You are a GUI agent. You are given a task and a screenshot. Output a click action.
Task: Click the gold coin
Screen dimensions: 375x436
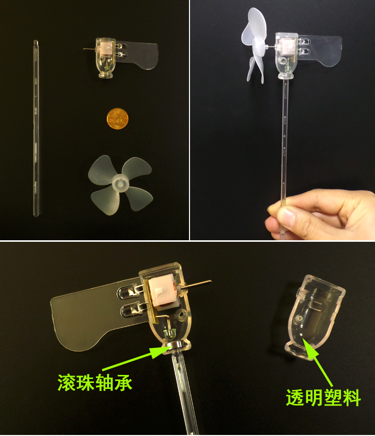(x=117, y=119)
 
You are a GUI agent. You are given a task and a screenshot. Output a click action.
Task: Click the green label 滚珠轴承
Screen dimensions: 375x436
(x=94, y=382)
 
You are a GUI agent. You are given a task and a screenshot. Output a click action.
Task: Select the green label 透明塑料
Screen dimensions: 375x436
(x=323, y=397)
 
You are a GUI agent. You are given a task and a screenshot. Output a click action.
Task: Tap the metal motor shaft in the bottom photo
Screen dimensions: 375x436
(x=196, y=284)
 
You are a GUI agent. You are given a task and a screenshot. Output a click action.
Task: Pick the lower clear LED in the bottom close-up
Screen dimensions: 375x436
(x=132, y=310)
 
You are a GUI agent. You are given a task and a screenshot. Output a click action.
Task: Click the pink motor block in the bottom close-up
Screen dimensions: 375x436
(x=163, y=294)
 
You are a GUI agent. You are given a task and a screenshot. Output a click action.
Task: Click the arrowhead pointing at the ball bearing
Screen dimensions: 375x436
(x=159, y=352)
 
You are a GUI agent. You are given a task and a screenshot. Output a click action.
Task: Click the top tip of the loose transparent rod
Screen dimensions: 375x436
(x=36, y=41)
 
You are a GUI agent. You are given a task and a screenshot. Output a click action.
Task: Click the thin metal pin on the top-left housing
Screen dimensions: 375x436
(x=89, y=49)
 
